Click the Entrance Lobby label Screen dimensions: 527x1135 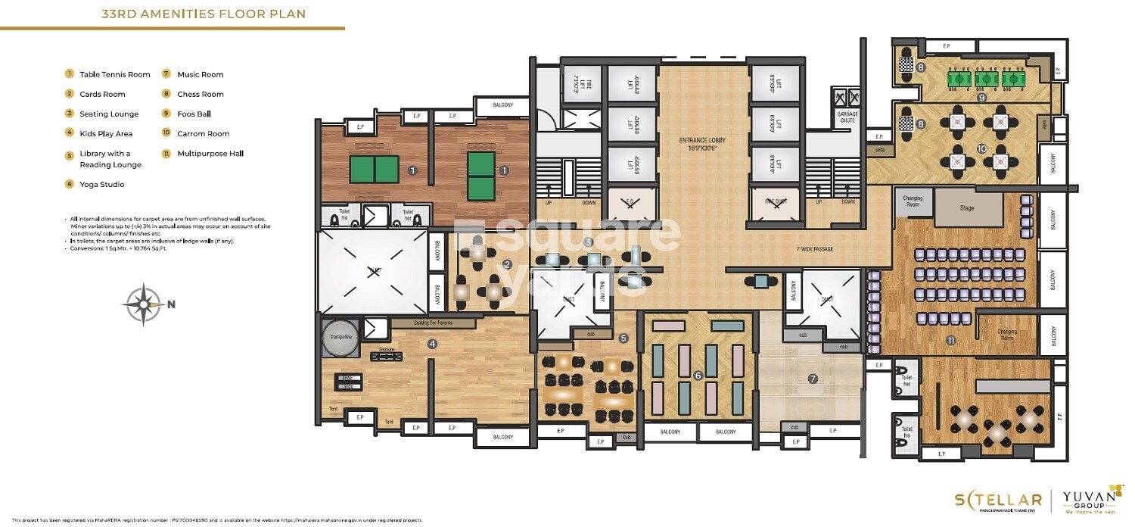pos(703,144)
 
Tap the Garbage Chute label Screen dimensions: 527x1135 pos(847,117)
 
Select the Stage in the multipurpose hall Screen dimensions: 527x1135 pos(966,207)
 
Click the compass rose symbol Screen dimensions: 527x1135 pos(142,304)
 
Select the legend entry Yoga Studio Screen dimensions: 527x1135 pos(101,184)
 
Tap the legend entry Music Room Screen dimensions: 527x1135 pos(200,74)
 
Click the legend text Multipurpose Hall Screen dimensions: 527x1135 pos(210,153)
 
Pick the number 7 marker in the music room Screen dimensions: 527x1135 pos(813,379)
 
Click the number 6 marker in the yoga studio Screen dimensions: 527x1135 pos(698,375)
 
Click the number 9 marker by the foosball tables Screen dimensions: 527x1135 pos(981,97)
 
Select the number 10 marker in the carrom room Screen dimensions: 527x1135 pos(981,148)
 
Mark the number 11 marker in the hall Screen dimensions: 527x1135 pos(950,341)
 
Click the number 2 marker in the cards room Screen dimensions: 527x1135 pos(508,264)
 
